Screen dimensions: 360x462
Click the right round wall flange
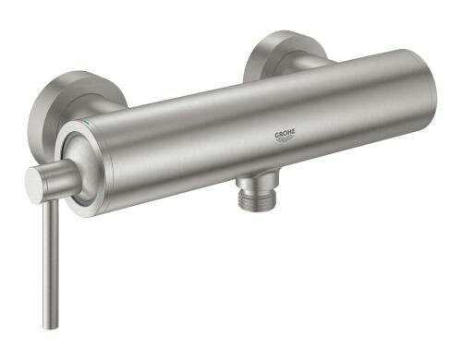click(282, 55)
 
